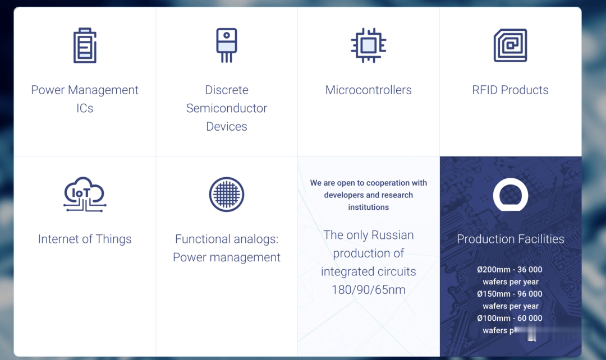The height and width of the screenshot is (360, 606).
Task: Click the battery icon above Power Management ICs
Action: [x=85, y=45]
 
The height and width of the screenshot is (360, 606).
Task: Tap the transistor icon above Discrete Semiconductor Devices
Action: [x=227, y=45]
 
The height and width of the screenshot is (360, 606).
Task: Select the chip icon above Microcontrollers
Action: [x=368, y=45]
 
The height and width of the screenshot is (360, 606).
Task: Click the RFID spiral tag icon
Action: [x=510, y=45]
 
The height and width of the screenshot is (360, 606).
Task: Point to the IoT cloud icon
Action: [x=85, y=194]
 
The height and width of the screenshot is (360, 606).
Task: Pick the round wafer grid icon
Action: [x=227, y=195]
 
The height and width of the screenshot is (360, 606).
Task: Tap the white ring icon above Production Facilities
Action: [x=510, y=195]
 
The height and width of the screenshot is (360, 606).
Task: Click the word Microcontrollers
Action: [x=368, y=90]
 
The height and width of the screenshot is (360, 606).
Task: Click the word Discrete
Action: [x=227, y=90]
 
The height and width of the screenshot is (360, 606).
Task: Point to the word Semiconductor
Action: [x=227, y=108]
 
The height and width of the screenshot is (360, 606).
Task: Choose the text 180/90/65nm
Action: [x=368, y=290]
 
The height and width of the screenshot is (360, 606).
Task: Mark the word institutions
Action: [x=368, y=207]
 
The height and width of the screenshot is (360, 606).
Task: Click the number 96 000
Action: [x=529, y=294]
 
